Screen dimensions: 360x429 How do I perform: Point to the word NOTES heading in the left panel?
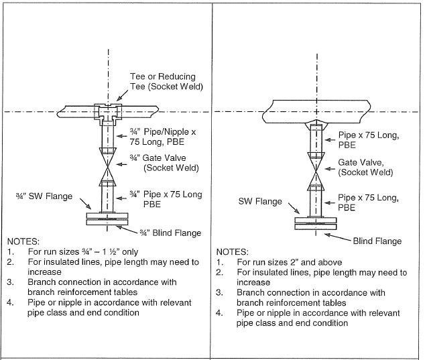click(x=24, y=240)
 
